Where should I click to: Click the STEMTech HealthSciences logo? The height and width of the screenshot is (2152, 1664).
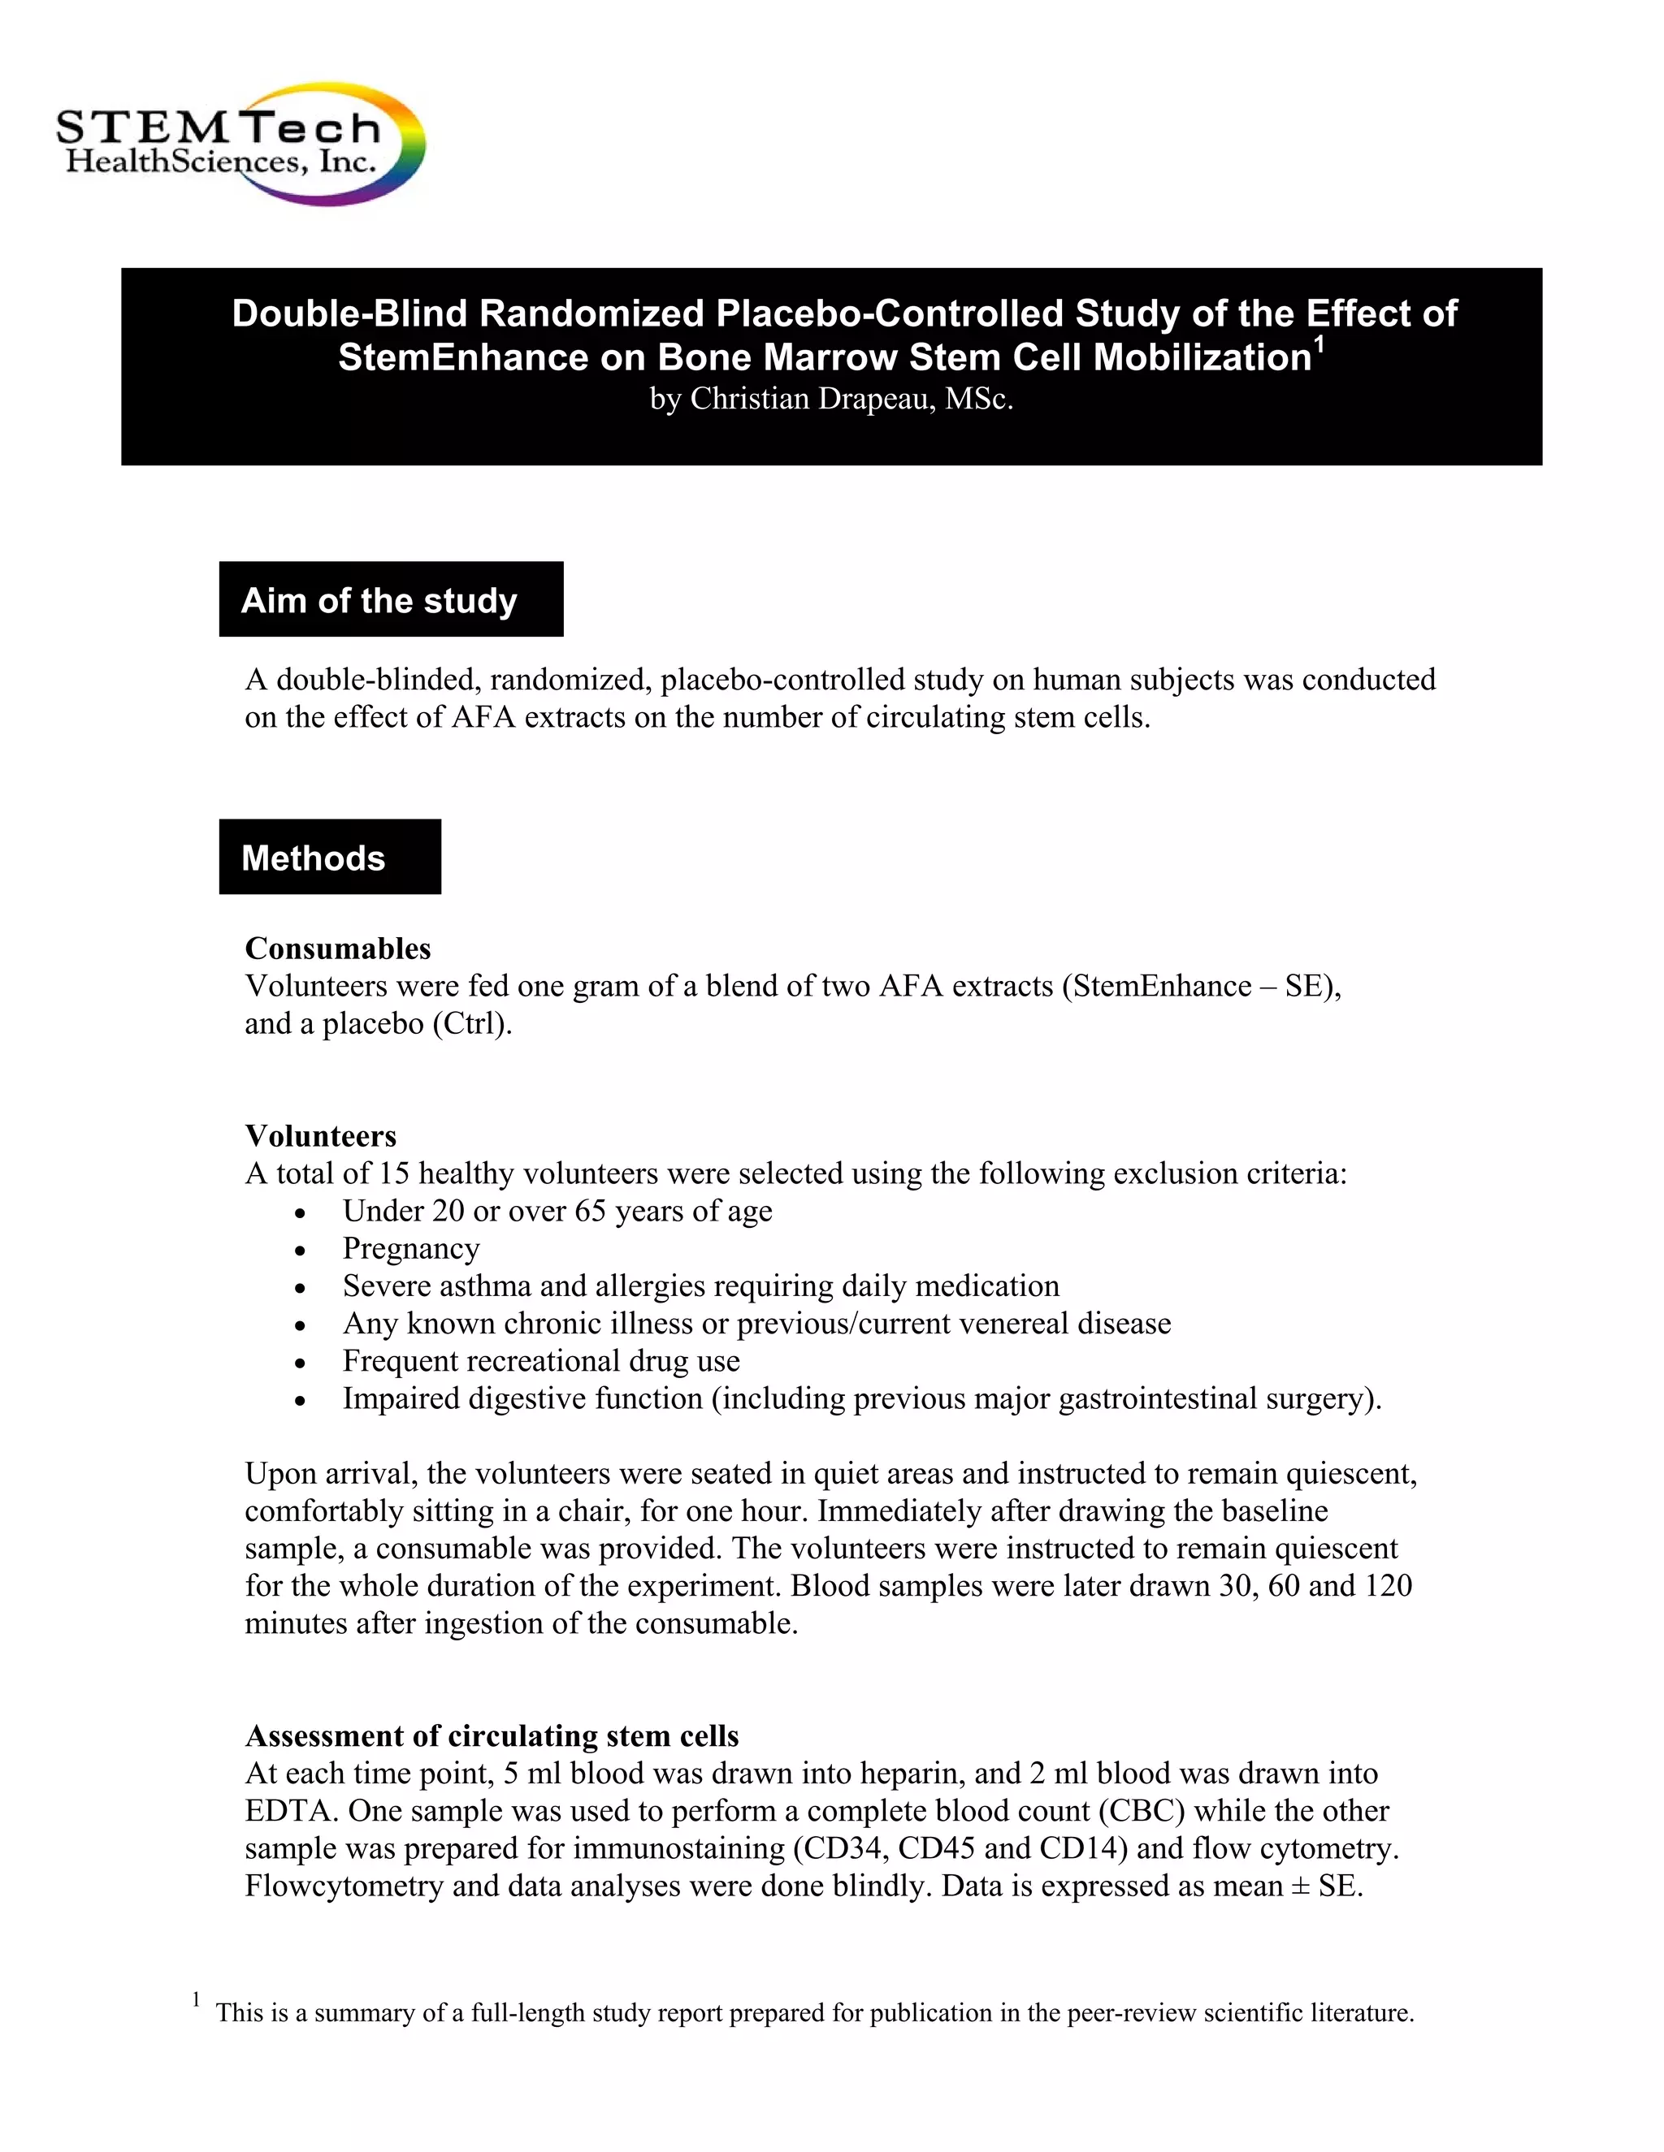(240, 144)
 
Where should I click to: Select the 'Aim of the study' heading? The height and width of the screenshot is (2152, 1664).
(379, 600)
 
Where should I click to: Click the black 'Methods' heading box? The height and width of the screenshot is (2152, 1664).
(329, 858)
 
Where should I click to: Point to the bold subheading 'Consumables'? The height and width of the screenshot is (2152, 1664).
(338, 948)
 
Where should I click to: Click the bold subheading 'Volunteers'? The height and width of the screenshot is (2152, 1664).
(320, 1135)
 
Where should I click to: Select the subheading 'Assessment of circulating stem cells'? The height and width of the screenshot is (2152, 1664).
(491, 1735)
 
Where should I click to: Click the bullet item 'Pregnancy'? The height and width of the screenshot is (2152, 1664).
(411, 1248)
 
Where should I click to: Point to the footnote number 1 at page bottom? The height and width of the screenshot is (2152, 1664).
(196, 1999)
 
